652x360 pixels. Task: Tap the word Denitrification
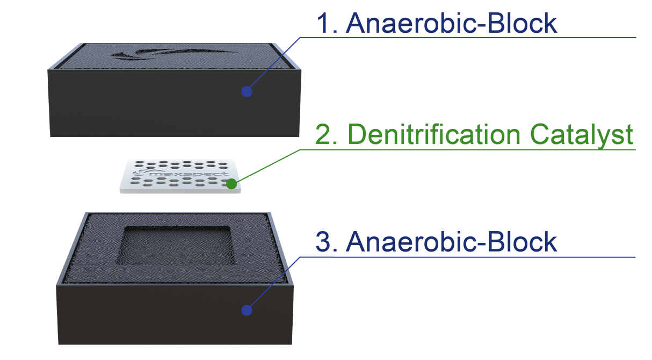point(434,134)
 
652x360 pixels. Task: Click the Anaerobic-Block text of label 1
point(452,23)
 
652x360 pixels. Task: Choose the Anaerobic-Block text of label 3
point(452,241)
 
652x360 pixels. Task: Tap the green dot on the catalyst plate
point(231,184)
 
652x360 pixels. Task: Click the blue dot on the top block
point(247,92)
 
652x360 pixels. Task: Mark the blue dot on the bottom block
point(247,311)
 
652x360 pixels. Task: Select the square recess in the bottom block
point(176,246)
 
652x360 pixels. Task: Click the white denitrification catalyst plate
point(180,176)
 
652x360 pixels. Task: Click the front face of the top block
point(175,103)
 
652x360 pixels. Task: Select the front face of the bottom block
point(175,314)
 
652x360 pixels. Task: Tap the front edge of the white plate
point(180,191)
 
